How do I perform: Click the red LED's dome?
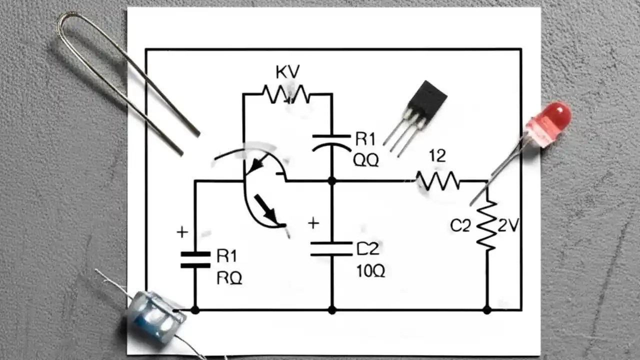point(556,117)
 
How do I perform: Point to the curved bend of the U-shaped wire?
point(67,22)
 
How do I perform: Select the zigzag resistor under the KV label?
point(286,94)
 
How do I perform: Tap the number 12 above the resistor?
point(437,156)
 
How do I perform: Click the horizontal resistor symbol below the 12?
point(438,181)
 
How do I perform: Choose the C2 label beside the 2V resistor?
point(460,226)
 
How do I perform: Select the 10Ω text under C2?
point(370,271)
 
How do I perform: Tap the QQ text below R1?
point(366,160)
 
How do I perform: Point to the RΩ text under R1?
point(229,278)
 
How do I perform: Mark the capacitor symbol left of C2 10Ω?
point(331,249)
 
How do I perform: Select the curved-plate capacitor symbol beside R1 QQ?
point(331,141)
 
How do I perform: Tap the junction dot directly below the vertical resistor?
point(487,310)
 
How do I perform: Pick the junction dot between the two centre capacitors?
point(331,181)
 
